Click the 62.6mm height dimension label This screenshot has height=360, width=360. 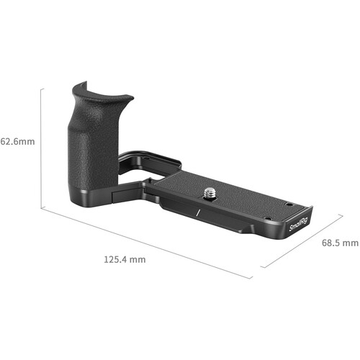17,142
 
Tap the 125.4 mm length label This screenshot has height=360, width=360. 125,259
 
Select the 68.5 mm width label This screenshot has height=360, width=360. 340,243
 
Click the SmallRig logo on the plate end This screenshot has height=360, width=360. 298,224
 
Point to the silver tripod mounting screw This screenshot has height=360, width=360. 210,193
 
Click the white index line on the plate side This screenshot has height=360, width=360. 198,213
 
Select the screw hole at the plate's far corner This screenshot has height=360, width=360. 288,204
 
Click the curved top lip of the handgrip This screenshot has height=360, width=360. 103,92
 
